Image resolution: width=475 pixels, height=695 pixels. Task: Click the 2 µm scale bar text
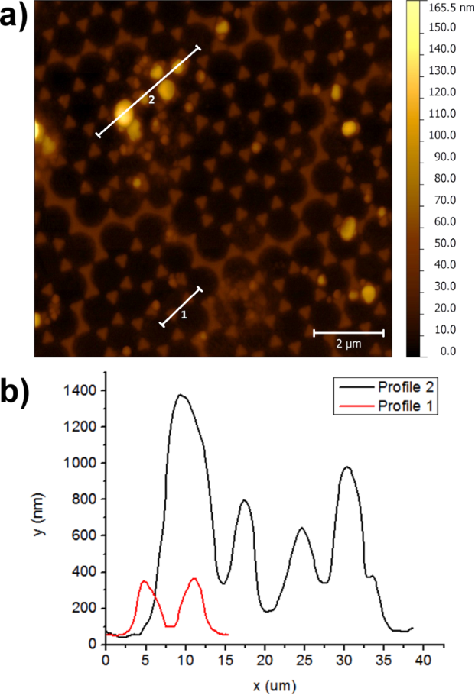tap(348, 344)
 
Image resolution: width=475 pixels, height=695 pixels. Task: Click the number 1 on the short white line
tap(184, 313)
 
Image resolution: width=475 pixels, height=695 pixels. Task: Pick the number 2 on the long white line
tap(151, 99)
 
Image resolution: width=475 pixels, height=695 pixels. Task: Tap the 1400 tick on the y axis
tap(80, 390)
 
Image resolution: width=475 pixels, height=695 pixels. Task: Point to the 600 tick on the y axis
tap(84, 535)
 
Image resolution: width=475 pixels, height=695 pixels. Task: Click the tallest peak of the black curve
tap(181, 395)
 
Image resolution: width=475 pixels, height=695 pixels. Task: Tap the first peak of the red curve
tap(143, 581)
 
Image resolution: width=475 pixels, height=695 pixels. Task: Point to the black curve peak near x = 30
tap(347, 467)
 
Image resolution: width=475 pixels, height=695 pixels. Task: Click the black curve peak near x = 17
tap(245, 500)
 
